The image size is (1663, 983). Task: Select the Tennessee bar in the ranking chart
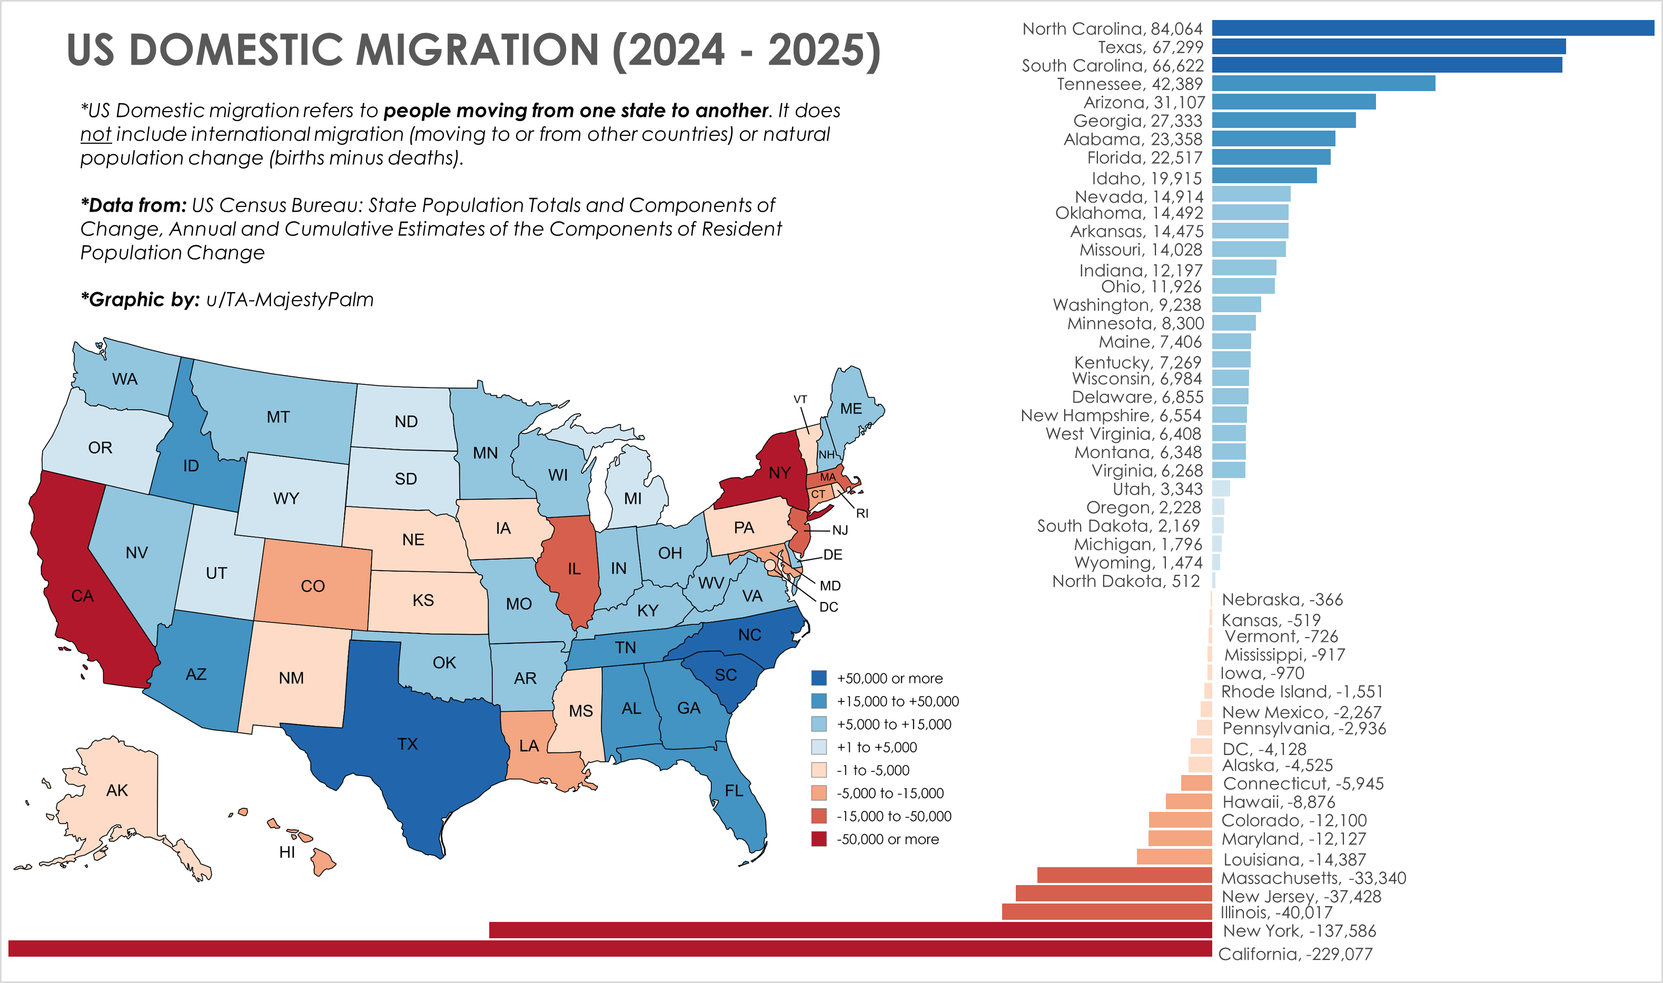[x=1323, y=84]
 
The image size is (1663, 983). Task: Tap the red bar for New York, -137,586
[x=850, y=930]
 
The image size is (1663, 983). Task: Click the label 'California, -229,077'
[x=1295, y=954]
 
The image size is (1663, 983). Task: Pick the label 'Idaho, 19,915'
[x=1146, y=178]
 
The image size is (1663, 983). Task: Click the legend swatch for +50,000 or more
[x=818, y=678]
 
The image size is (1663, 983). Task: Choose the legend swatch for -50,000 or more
[x=818, y=839]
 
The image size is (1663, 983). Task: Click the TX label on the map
[x=407, y=744]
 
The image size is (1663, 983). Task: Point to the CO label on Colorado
[x=313, y=586]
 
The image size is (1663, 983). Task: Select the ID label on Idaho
[x=191, y=465]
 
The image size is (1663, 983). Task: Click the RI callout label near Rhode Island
[x=862, y=513]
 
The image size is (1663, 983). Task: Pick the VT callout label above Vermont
[x=800, y=400]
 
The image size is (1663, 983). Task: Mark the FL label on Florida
[x=733, y=790]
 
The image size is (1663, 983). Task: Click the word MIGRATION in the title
[x=477, y=51]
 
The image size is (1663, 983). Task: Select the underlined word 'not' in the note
[x=95, y=134]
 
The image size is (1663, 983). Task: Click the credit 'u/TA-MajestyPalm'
[x=290, y=300]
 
